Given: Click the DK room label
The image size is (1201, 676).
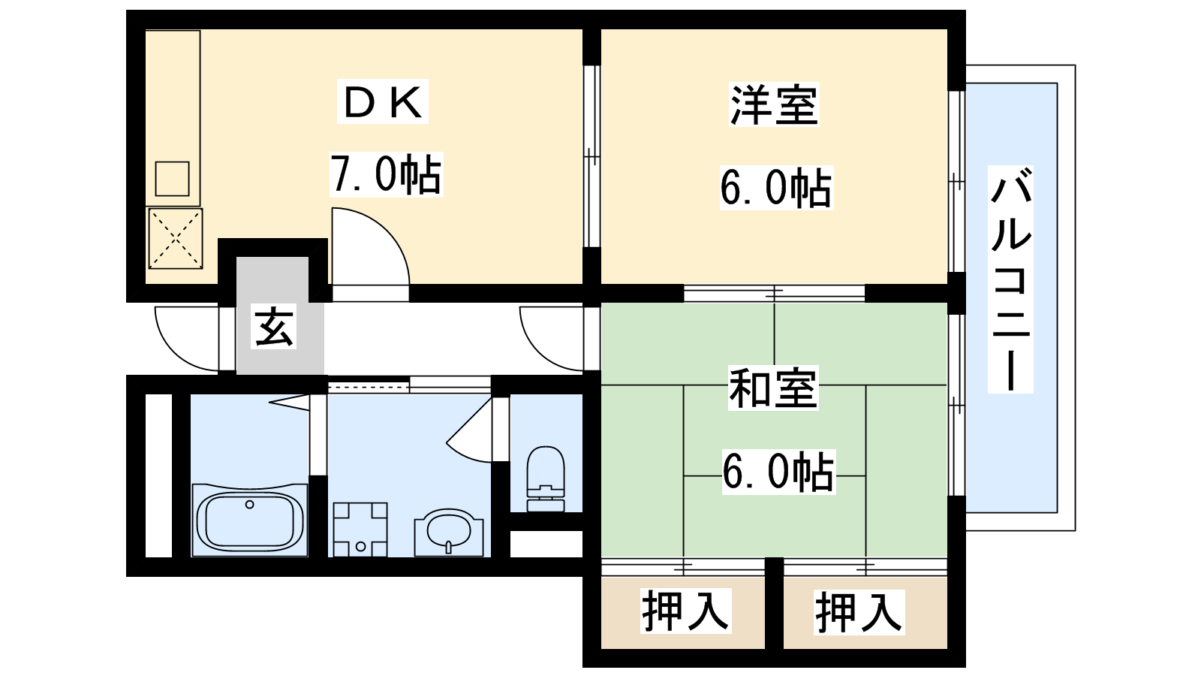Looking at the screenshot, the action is click(382, 102).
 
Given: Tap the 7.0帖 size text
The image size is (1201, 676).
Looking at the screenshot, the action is click(386, 174).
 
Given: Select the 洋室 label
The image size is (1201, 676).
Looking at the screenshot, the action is click(774, 104).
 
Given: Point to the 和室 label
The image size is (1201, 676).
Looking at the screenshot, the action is click(772, 388).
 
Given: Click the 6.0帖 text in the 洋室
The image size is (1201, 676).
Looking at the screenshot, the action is click(775, 187).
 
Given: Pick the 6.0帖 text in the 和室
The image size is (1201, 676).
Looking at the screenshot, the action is click(778, 472).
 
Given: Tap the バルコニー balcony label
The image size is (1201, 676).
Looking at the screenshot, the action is click(1010, 279).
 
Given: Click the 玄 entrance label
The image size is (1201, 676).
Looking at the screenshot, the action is click(274, 327).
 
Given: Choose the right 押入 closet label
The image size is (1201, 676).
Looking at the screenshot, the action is click(859, 611).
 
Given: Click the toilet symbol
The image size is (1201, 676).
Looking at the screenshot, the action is click(546, 478).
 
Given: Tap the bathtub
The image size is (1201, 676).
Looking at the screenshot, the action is click(250, 520).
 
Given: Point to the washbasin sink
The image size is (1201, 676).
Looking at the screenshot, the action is click(449, 533).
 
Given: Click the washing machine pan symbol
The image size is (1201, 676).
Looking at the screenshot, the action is click(360, 530).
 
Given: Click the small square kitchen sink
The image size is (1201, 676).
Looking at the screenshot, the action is click(172, 179).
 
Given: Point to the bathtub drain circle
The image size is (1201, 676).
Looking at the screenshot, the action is click(249, 504).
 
